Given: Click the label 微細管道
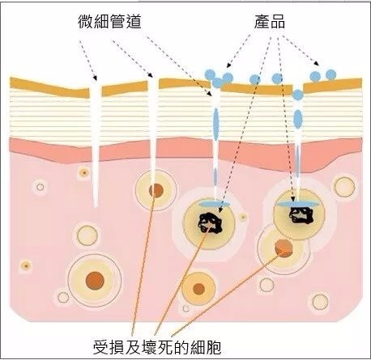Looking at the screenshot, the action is pyautogui.click(x=109, y=22).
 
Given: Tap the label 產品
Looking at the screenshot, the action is pyautogui.click(x=270, y=22).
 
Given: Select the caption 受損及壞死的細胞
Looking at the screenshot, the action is pyautogui.click(x=157, y=347).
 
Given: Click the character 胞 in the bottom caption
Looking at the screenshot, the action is pyautogui.click(x=214, y=347).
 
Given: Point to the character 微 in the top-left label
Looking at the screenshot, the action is pyautogui.click(x=86, y=22).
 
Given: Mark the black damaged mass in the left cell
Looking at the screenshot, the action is pyautogui.click(x=210, y=222).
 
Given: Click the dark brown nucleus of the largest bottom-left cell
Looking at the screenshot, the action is pyautogui.click(x=95, y=281).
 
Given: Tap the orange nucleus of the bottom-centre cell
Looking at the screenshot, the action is pyautogui.click(x=199, y=289).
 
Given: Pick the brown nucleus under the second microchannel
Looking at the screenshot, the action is pyautogui.click(x=156, y=191).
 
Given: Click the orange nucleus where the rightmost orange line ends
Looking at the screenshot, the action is pyautogui.click(x=284, y=248).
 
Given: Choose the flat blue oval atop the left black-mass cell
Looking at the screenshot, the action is pyautogui.click(x=215, y=204).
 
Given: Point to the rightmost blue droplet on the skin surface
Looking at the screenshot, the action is pyautogui.click(x=330, y=74).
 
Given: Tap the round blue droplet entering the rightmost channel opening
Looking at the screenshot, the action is pyautogui.click(x=298, y=95).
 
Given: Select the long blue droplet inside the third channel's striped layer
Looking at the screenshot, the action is pyautogui.click(x=215, y=124).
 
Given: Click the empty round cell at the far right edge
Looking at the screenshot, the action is pyautogui.click(x=345, y=187).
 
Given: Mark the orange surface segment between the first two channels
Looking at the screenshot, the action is pyautogui.click(x=125, y=88).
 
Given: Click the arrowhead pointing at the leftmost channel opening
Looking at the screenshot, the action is pyautogui.click(x=94, y=78).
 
